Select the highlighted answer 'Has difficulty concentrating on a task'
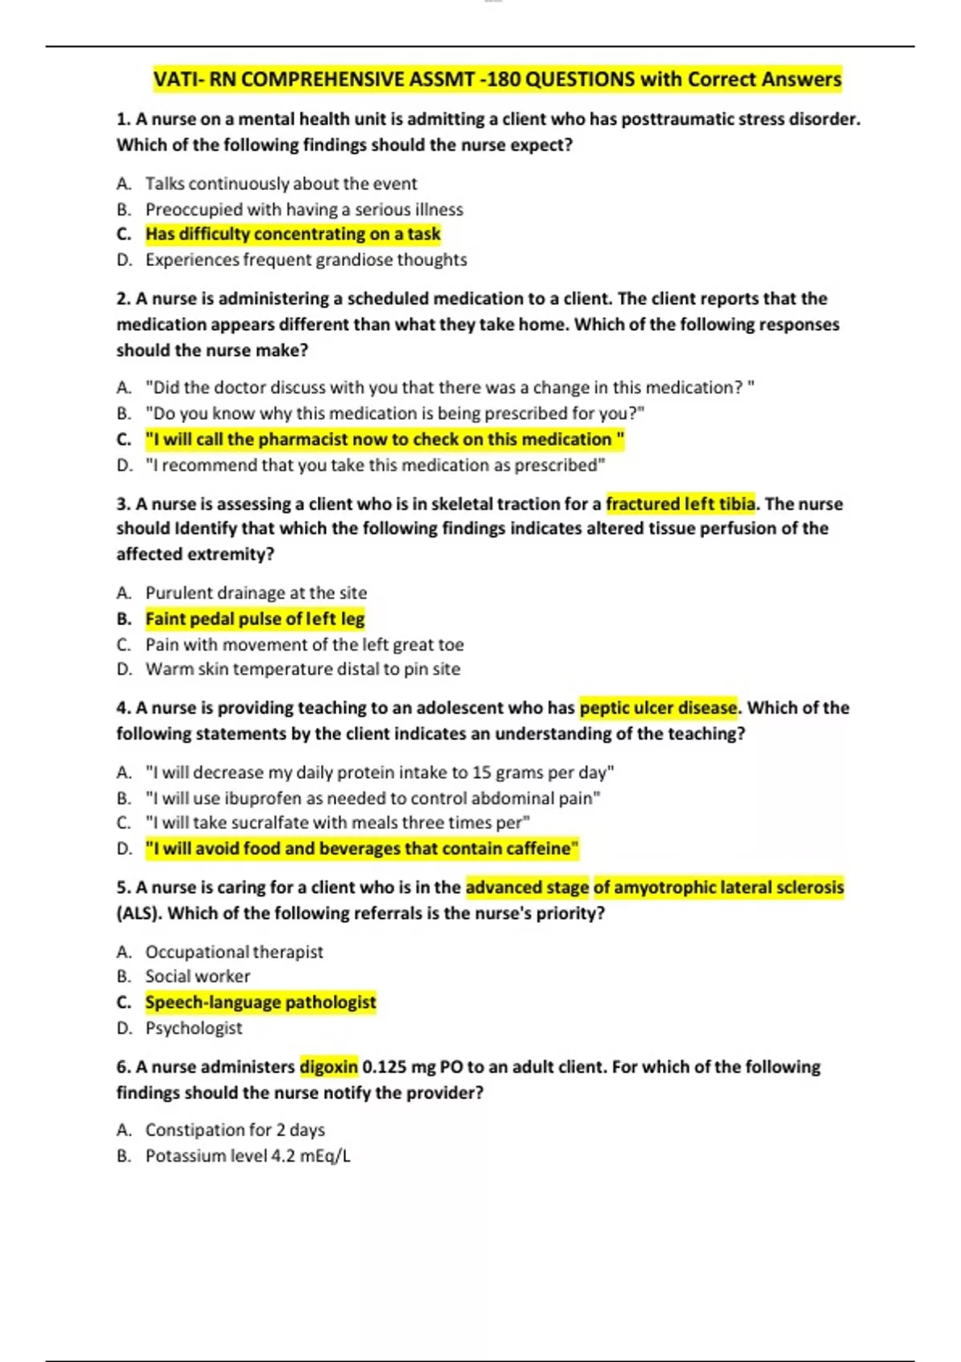[x=292, y=234]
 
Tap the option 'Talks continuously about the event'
[x=280, y=183]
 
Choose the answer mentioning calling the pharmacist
[x=384, y=439]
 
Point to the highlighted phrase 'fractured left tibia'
[x=680, y=504]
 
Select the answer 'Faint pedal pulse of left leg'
[x=255, y=619]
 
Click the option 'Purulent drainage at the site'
[x=255, y=593]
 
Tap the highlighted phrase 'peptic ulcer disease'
[x=657, y=707]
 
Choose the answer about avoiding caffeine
[x=361, y=848]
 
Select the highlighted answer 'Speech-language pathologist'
[x=260, y=1002]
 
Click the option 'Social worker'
[x=197, y=977]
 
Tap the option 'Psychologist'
[x=193, y=1028]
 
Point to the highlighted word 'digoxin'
[x=328, y=1067]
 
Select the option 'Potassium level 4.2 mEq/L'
[x=247, y=1156]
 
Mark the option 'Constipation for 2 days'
[x=235, y=1130]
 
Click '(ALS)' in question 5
[x=139, y=913]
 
